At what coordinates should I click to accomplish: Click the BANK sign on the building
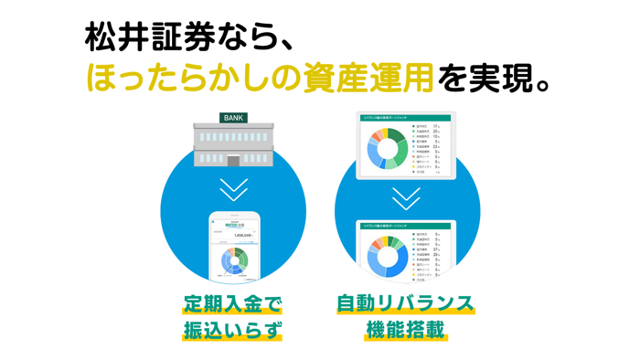pyautogui.click(x=234, y=118)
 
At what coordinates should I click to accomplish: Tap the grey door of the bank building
pyautogui.click(x=234, y=160)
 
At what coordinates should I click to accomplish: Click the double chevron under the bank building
pyautogui.click(x=234, y=189)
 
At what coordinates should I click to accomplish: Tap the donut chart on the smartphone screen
pyautogui.click(x=234, y=260)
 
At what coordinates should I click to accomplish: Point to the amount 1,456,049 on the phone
pyautogui.click(x=242, y=235)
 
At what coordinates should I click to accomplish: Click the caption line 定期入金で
pyautogui.click(x=233, y=302)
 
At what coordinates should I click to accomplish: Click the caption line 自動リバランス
pyautogui.click(x=405, y=302)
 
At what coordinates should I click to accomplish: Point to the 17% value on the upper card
pyautogui.click(x=437, y=126)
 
